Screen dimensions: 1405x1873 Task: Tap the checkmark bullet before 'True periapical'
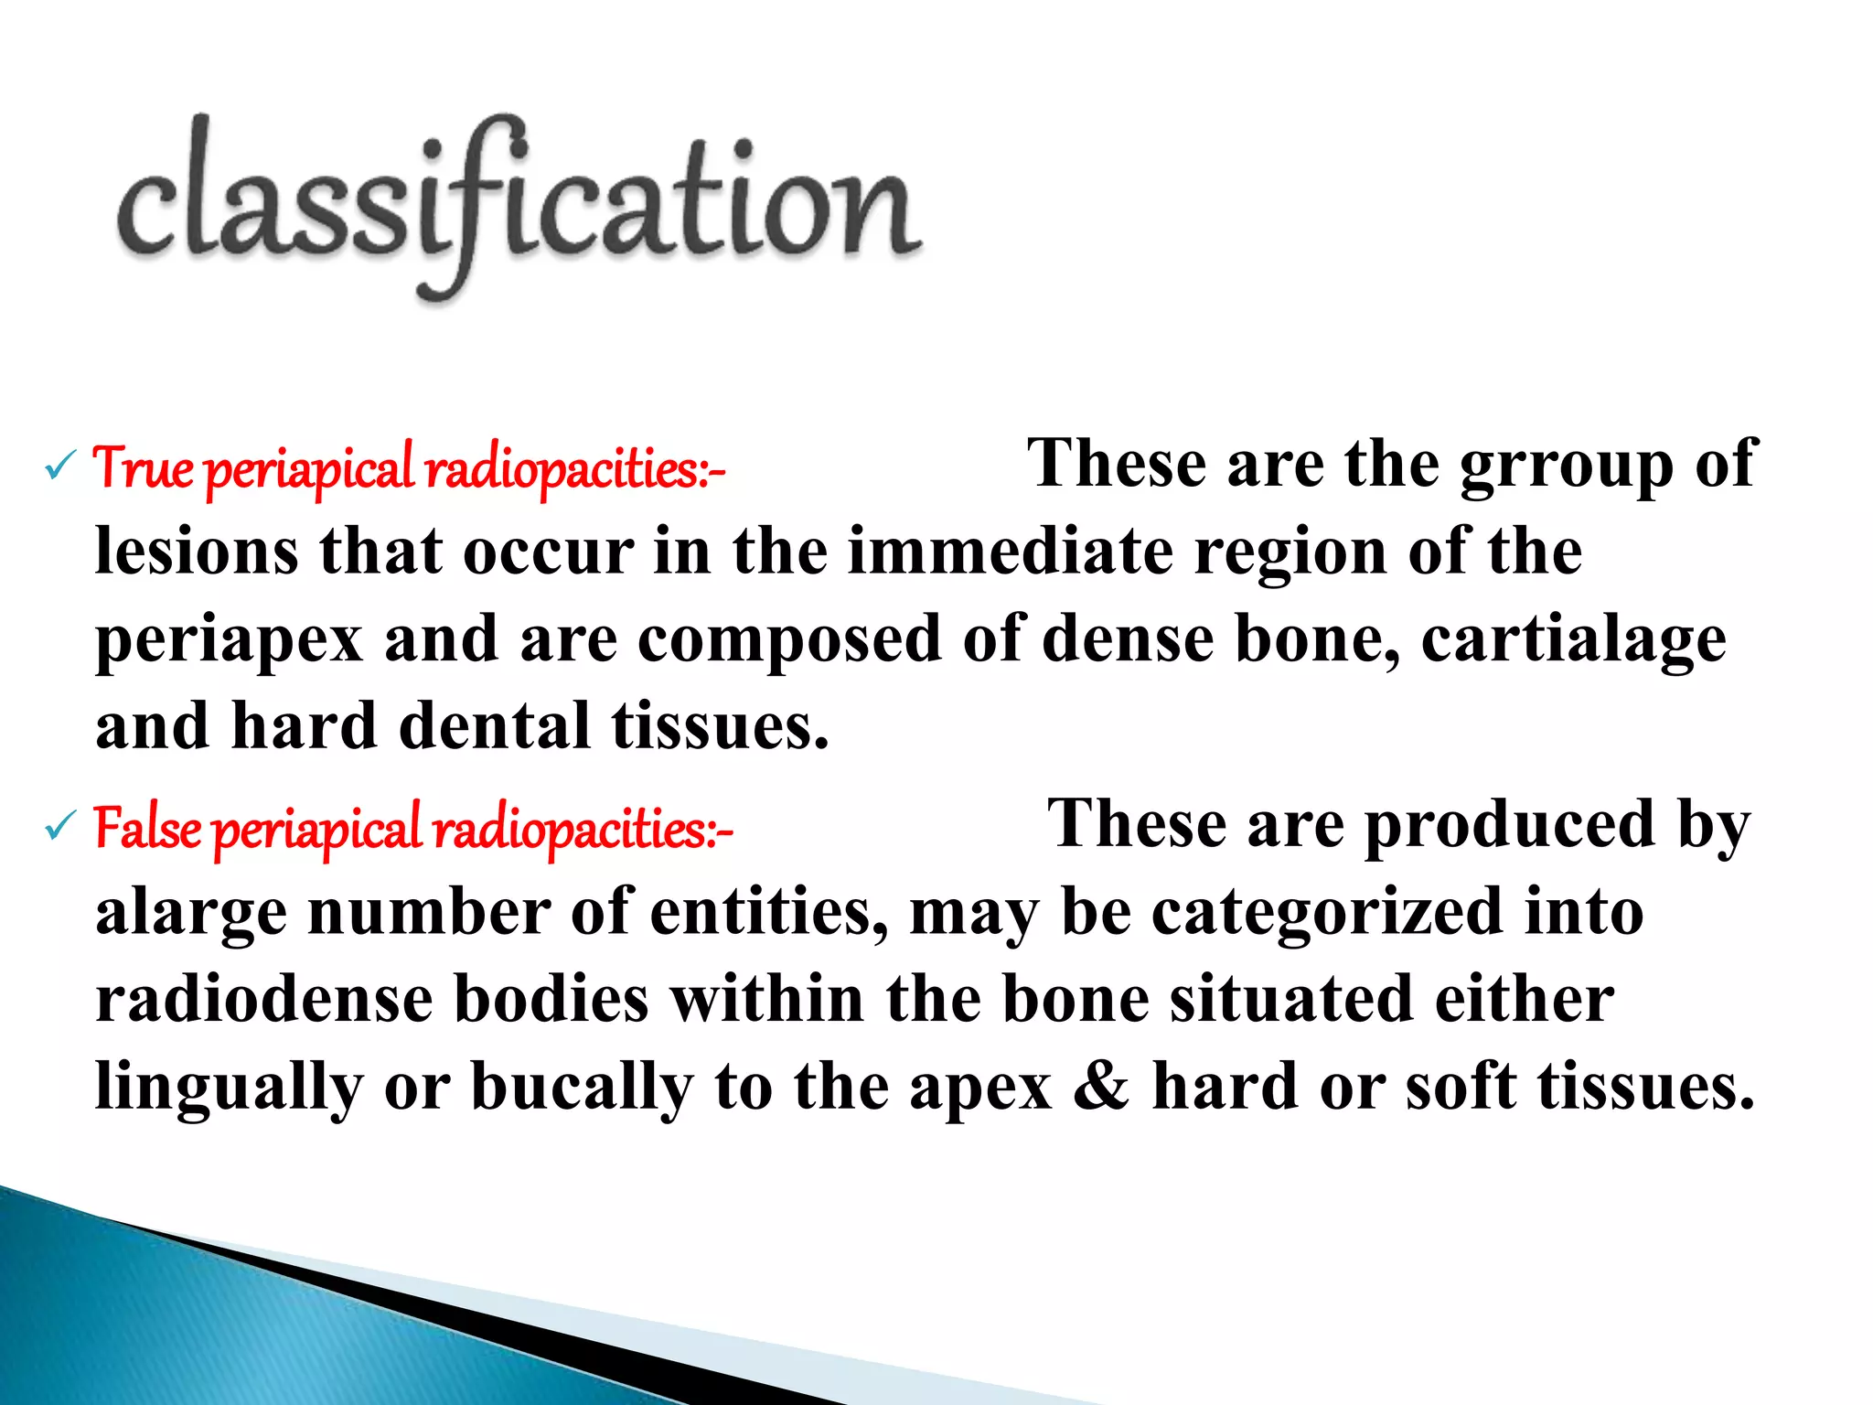click(59, 468)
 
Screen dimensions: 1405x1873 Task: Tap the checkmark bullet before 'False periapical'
click(59, 828)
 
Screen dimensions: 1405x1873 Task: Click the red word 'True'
click(144, 468)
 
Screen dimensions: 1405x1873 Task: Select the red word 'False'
click(148, 829)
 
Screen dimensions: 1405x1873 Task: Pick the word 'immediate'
click(1010, 552)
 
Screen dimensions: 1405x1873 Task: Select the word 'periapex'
click(229, 640)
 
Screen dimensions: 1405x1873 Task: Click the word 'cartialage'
click(1573, 640)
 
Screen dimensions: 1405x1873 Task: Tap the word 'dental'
click(495, 726)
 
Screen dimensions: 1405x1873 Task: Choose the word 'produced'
click(1510, 825)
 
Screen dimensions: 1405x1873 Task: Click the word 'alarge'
click(190, 914)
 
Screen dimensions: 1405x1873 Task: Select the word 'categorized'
click(1327, 912)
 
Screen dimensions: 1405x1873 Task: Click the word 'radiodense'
click(264, 999)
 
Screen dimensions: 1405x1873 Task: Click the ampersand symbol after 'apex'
click(1101, 1086)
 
